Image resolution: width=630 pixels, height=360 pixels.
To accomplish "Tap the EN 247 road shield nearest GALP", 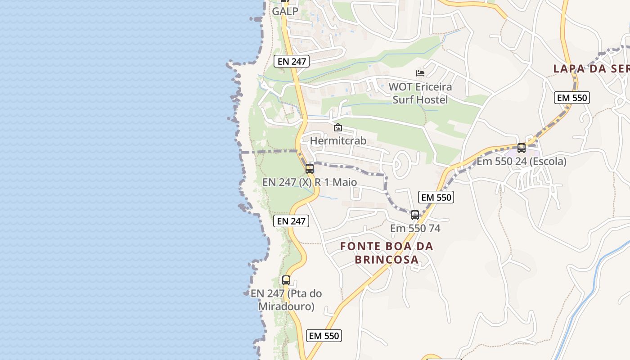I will tap(292, 61).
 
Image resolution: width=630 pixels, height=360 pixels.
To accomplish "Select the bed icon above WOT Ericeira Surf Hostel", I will tap(420, 73).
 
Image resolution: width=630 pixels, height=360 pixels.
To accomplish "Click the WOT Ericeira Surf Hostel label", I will tap(420, 93).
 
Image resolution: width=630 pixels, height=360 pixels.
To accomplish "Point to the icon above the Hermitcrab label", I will tap(338, 128).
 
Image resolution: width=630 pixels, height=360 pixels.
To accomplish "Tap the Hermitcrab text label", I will tap(338, 141).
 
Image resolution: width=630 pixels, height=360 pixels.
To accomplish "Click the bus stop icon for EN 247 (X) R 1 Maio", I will tap(310, 169).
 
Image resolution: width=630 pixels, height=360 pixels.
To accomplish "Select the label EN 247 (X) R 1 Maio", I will tap(310, 182).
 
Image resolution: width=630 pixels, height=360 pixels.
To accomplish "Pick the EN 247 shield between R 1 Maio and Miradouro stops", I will tap(291, 221).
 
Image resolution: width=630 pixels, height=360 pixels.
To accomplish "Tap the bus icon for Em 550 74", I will tap(415, 215).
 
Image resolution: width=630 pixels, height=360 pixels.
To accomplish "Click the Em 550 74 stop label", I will tap(415, 228).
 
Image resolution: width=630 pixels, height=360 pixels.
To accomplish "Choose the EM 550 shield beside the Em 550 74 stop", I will tap(436, 197).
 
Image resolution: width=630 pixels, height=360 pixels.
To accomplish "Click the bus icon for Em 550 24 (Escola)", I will tap(522, 148).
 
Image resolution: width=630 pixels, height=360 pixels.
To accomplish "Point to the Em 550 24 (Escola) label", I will tap(522, 161).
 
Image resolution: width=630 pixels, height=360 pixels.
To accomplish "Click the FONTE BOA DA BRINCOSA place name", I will tap(387, 253).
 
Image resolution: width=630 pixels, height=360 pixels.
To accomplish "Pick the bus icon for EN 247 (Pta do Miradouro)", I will tap(286, 280).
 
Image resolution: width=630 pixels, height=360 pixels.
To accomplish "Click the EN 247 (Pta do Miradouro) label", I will tap(286, 300).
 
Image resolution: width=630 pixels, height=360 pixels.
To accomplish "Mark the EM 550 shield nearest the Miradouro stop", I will tap(324, 336).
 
